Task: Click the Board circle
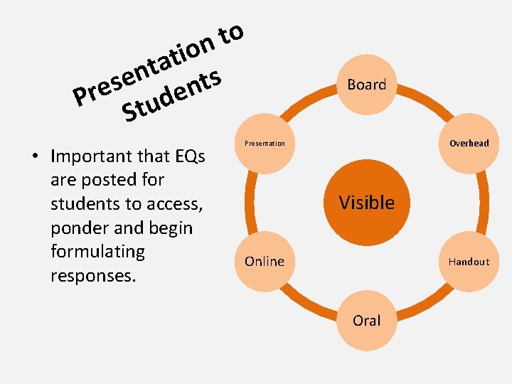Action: coord(367,85)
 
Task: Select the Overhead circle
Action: coord(469,143)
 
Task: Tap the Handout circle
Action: coord(469,261)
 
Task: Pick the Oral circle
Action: coord(367,320)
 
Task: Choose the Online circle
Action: coord(265,261)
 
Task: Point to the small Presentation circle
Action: coord(265,143)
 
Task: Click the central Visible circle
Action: coord(367,203)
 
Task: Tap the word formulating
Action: coord(97,252)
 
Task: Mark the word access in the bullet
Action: coord(174,204)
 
